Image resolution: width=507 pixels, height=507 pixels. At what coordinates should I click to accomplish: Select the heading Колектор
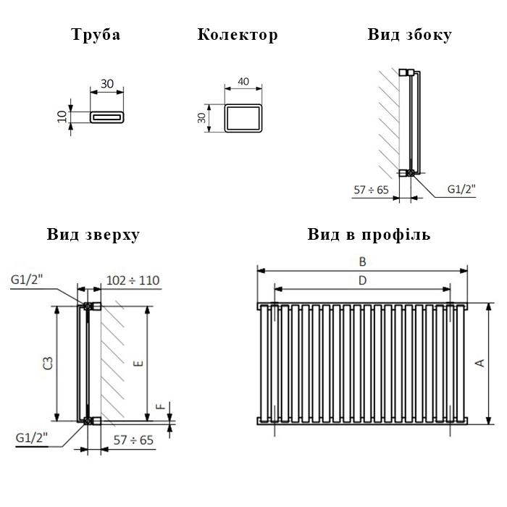[x=238, y=35]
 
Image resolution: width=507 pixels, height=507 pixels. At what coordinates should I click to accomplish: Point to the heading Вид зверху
[x=93, y=235]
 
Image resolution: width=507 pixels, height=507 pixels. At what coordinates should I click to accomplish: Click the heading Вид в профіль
[x=369, y=235]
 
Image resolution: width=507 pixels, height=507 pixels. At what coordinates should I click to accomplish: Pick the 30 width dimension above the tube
[x=107, y=84]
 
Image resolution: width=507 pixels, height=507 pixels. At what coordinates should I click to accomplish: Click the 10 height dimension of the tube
[x=62, y=117]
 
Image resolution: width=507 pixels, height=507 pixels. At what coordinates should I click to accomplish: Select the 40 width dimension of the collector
[x=243, y=81]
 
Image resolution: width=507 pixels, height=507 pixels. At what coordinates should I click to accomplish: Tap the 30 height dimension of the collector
[x=201, y=118]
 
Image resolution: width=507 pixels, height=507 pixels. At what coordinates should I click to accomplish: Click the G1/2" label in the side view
[x=461, y=189]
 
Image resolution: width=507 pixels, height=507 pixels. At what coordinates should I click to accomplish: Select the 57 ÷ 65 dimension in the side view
[x=371, y=190]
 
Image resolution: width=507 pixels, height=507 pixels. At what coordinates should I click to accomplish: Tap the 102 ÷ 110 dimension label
[x=133, y=280]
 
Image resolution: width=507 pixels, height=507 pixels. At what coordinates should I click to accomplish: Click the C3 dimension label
[x=48, y=363]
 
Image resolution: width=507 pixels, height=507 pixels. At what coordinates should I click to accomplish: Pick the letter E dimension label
[x=138, y=364]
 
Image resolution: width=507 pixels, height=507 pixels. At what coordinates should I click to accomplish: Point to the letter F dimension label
[x=161, y=406]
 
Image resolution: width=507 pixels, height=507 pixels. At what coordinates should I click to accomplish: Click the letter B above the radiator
[x=362, y=261]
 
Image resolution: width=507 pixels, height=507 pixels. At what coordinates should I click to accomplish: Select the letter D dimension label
[x=362, y=280]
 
